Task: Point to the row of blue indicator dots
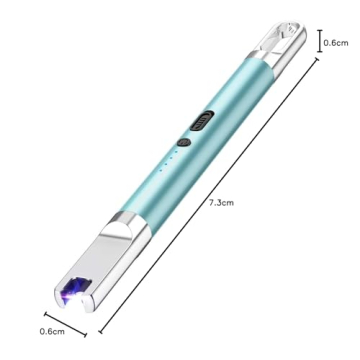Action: click(x=170, y=160)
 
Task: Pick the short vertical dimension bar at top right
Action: click(x=319, y=42)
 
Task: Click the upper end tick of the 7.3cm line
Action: click(x=319, y=59)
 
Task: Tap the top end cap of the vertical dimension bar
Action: click(x=319, y=30)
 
